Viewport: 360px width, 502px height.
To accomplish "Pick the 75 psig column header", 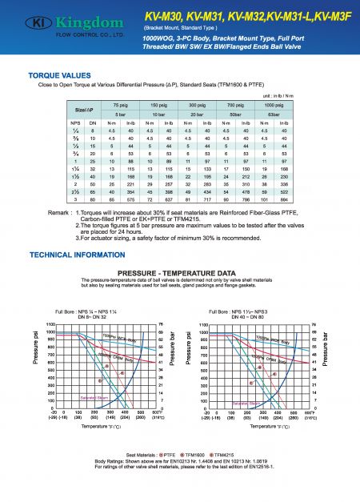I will coord(121,106).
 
